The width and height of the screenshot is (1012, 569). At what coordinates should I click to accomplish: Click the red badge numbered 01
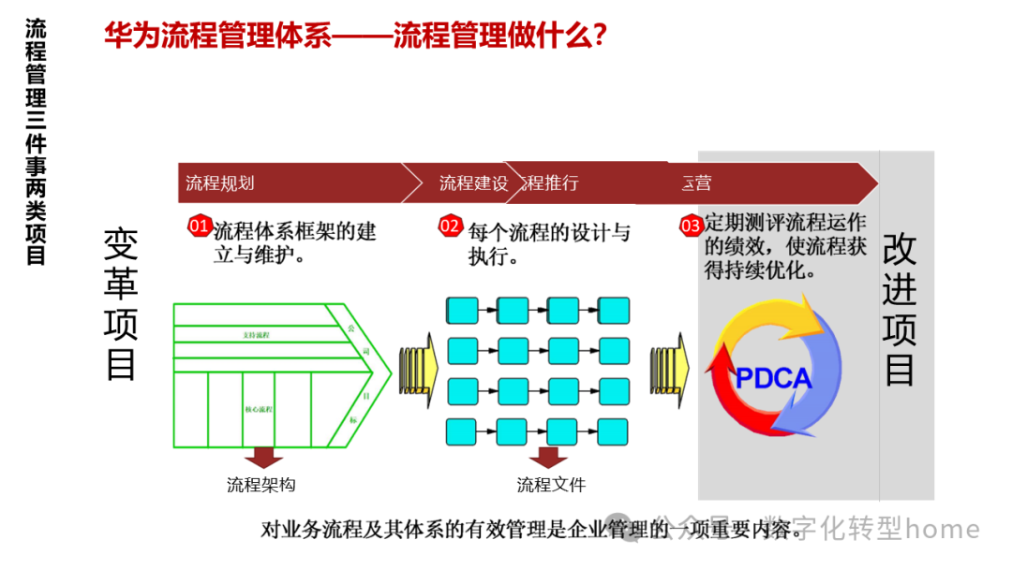coord(200,226)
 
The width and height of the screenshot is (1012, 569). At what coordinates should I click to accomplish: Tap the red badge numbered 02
coord(451,226)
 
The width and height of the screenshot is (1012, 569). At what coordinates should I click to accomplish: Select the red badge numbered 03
coord(691,226)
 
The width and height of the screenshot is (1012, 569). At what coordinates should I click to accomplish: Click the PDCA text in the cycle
coord(773,378)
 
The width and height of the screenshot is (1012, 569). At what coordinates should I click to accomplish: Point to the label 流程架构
coord(261,485)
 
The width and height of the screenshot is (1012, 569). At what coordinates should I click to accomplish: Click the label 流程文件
coord(551,485)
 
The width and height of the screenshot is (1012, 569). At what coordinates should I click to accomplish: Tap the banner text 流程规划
coord(220,182)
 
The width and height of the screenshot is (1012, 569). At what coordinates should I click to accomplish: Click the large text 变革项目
coord(121,303)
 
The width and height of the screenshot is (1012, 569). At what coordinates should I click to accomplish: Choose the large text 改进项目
coord(900,309)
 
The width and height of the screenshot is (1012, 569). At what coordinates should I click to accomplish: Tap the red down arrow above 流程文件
coord(548,457)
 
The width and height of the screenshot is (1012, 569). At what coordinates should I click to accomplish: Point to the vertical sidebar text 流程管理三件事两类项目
coord(36,140)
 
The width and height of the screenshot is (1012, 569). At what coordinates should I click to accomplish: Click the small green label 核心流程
coord(260,409)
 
